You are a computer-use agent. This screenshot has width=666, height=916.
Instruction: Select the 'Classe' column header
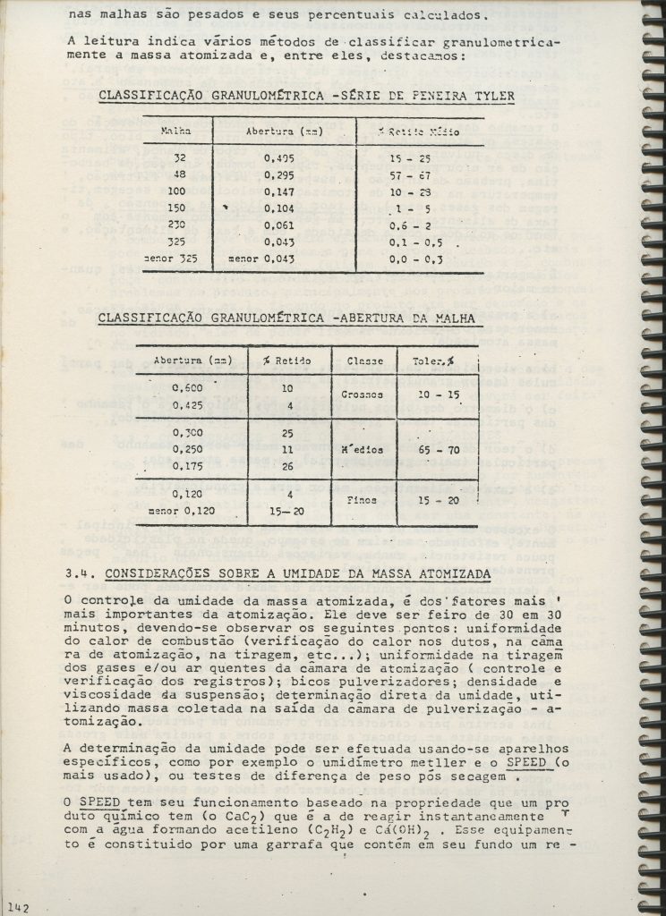(365, 360)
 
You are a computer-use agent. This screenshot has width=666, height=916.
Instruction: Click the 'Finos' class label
(363, 502)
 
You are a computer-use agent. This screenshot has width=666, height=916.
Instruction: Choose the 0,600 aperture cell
(186, 387)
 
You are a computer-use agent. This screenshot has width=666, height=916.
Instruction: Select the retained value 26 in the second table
(286, 464)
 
